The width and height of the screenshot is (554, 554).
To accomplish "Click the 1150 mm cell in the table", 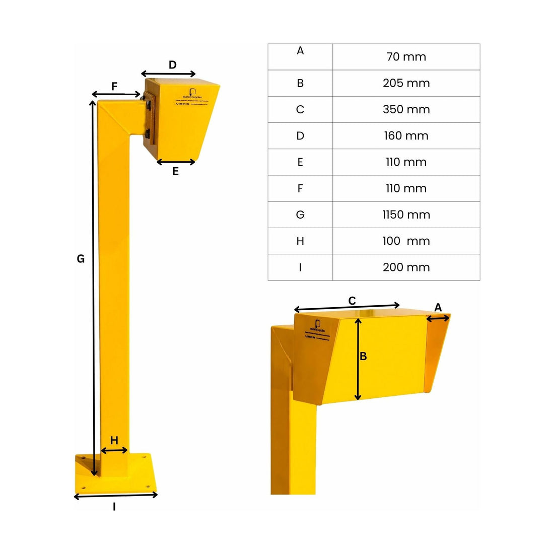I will click(406, 215).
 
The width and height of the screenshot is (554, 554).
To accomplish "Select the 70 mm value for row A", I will click(406, 57).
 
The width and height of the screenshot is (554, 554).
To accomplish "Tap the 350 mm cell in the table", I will click(406, 109).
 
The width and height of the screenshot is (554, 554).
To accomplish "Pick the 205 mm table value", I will click(406, 83).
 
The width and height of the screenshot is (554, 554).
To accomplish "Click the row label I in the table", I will click(300, 267).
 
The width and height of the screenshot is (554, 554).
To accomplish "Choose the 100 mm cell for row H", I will click(406, 241).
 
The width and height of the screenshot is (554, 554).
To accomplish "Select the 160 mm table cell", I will click(406, 135).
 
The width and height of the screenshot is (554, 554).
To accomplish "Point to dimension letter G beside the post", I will click(81, 259).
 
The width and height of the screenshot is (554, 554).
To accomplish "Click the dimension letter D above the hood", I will click(173, 65).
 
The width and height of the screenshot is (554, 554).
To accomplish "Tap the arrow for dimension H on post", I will click(114, 450).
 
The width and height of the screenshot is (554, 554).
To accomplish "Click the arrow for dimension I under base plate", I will click(116, 496).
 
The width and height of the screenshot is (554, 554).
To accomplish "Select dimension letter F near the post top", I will click(114, 87).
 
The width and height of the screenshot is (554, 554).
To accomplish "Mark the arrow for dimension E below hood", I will click(176, 162).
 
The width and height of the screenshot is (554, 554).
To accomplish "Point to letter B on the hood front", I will click(363, 357).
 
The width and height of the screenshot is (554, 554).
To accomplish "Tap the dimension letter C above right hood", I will click(352, 301).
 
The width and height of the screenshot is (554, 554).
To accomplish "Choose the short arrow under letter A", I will click(438, 318).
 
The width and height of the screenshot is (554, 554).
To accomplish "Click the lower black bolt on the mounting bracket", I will click(147, 133).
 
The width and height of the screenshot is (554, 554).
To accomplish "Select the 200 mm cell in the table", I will click(406, 267).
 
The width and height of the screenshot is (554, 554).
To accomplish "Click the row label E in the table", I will click(300, 162).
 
